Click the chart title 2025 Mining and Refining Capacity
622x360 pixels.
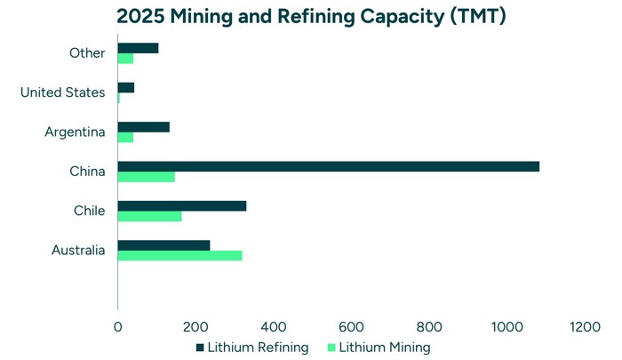pyautogui.click(x=311, y=16)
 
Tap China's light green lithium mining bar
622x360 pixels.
pyautogui.click(x=146, y=177)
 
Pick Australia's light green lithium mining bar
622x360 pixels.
pyautogui.click(x=179, y=256)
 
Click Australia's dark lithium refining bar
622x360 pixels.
pyautogui.click(x=163, y=245)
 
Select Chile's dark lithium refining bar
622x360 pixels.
pyautogui.click(x=181, y=205)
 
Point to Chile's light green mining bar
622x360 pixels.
pyautogui.click(x=149, y=216)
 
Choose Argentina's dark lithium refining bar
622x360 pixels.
pyautogui.click(x=143, y=127)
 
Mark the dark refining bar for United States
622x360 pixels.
pyautogui.click(x=125, y=87)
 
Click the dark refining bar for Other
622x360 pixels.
pyautogui.click(x=138, y=48)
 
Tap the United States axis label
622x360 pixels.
pyautogui.click(x=62, y=92)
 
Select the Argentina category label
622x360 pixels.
pyautogui.click(x=75, y=132)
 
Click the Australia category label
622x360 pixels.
pyautogui.click(x=78, y=251)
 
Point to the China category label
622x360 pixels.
pyautogui.click(x=87, y=172)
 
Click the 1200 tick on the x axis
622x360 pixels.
pyautogui.click(x=585, y=327)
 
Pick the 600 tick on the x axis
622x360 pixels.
pyautogui.click(x=351, y=327)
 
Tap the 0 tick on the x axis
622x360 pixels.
pyautogui.click(x=118, y=327)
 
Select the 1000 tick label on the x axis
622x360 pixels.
pyautogui.click(x=506, y=327)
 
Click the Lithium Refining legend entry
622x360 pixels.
pyautogui.click(x=251, y=348)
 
